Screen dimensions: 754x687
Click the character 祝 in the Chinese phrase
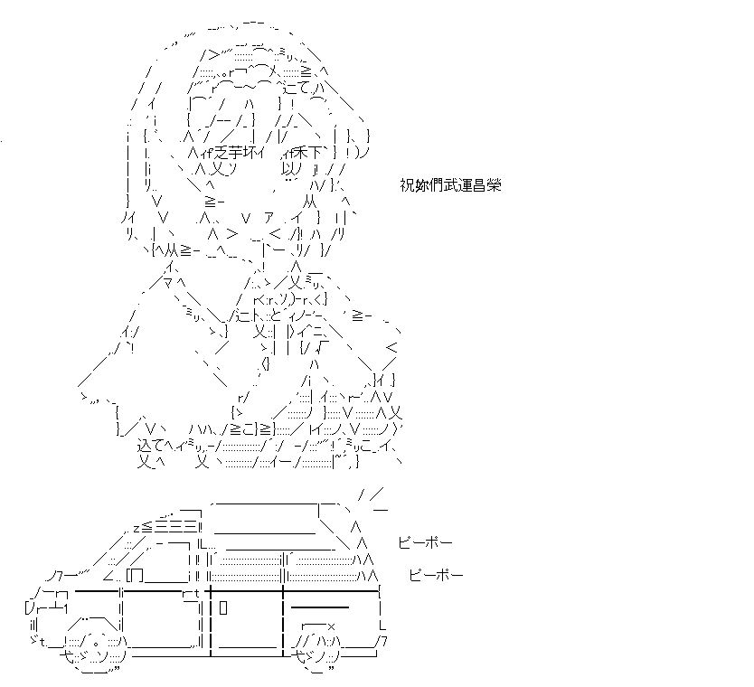(x=407, y=185)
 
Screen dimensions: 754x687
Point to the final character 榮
(x=494, y=185)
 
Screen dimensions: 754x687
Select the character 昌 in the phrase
(x=479, y=185)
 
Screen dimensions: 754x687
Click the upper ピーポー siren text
(x=425, y=542)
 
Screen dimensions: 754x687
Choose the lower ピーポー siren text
(x=436, y=575)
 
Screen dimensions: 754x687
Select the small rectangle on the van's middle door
(x=223, y=607)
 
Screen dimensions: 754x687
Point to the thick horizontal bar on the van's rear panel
(x=320, y=607)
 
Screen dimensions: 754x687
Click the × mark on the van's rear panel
(x=330, y=626)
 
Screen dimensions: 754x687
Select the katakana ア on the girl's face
(x=269, y=219)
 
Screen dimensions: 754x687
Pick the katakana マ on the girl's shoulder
(x=167, y=283)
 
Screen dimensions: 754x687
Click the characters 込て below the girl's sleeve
(x=150, y=445)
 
